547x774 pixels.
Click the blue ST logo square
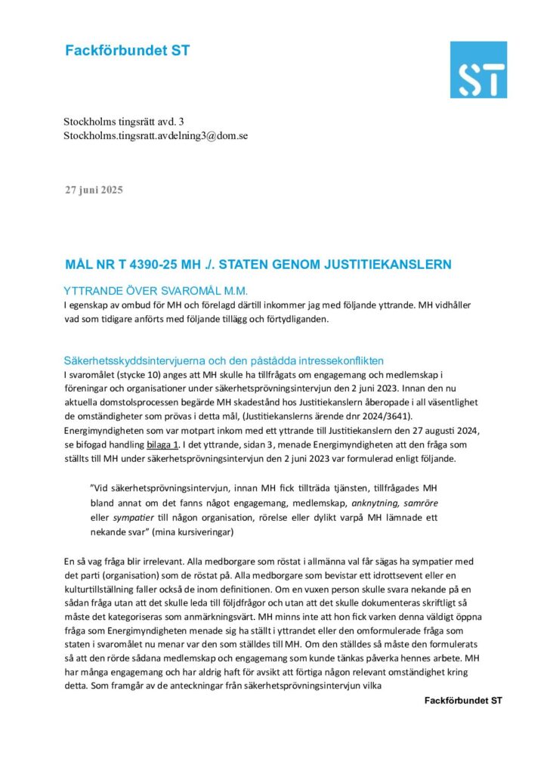[478, 70]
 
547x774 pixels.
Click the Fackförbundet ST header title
[127, 51]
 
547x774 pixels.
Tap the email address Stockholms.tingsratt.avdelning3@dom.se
[156, 136]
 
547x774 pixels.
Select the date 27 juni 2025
[93, 189]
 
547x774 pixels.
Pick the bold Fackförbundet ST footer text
[462, 701]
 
